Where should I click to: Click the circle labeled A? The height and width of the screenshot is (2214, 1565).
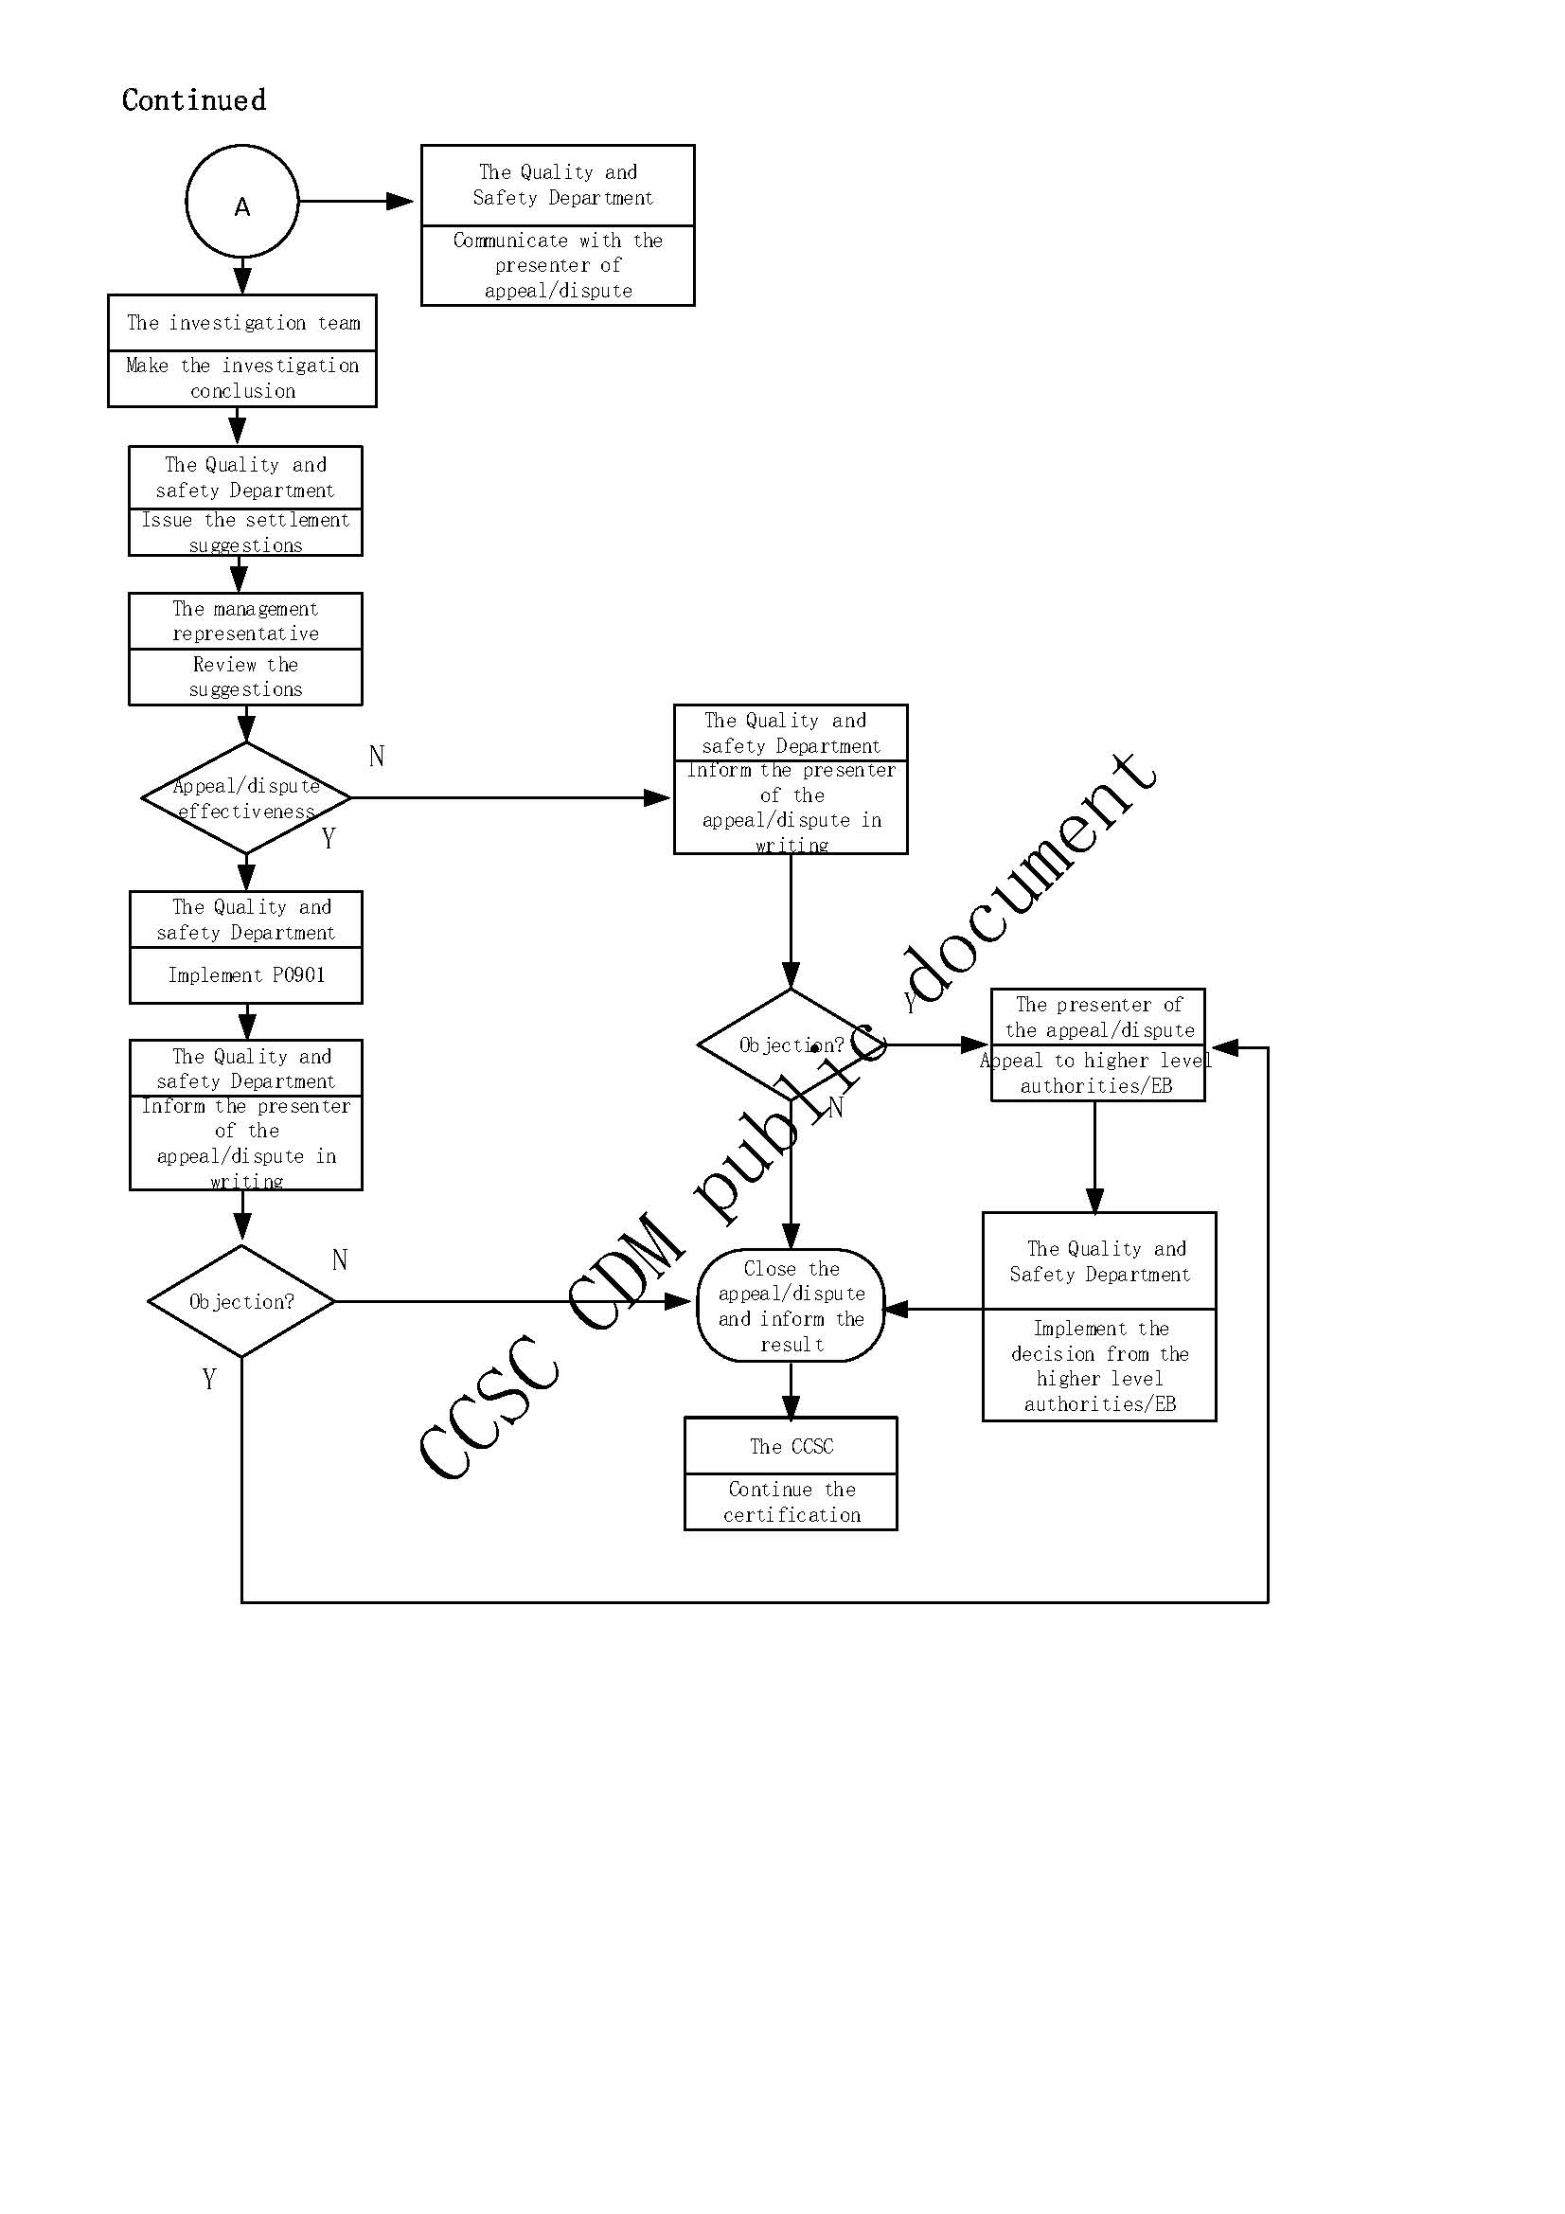pyautogui.click(x=242, y=202)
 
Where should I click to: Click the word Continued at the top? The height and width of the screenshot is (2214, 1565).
pyautogui.click(x=194, y=100)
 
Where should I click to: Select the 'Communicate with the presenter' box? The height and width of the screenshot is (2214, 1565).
pyautogui.click(x=558, y=265)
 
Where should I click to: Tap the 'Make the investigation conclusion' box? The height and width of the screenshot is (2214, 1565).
pyautogui.click(x=242, y=378)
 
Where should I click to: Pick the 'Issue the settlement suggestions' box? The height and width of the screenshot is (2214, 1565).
pyautogui.click(x=245, y=532)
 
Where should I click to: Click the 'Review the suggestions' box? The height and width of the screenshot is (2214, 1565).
pyautogui.click(x=245, y=677)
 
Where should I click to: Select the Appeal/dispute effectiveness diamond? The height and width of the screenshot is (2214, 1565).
pyautogui.click(x=246, y=798)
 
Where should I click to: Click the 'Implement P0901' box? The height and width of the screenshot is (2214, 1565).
pyautogui.click(x=246, y=974)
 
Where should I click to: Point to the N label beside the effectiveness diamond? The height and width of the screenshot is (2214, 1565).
pyautogui.click(x=377, y=757)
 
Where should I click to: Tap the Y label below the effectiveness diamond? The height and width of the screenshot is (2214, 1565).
pyautogui.click(x=329, y=839)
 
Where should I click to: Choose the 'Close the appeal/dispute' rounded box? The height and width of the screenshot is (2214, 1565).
pyautogui.click(x=791, y=1306)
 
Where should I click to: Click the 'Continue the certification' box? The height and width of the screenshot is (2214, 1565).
pyautogui.click(x=791, y=1501)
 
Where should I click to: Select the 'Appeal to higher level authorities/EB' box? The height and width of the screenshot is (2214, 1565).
pyautogui.click(x=1097, y=1073)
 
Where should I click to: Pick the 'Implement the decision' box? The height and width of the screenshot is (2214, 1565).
pyautogui.click(x=1099, y=1366)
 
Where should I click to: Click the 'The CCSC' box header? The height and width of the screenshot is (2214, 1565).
pyautogui.click(x=791, y=1446)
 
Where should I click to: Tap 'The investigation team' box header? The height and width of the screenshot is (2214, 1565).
pyautogui.click(x=242, y=323)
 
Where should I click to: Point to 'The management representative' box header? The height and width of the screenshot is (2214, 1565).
pyautogui.click(x=245, y=621)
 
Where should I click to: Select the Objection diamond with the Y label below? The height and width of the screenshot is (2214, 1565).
pyautogui.click(x=241, y=1302)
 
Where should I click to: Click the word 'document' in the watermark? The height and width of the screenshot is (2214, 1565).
pyautogui.click(x=1032, y=878)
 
